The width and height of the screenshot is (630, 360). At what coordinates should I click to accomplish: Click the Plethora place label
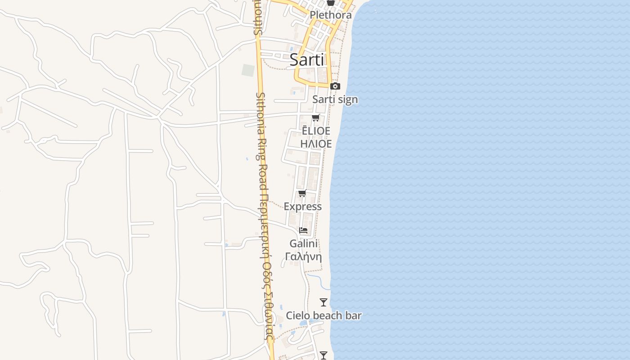(331, 15)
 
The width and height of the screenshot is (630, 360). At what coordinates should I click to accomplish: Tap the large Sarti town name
(306, 59)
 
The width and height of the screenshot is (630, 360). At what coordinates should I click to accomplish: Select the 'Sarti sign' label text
(335, 99)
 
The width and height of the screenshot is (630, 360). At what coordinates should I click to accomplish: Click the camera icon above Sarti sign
(335, 86)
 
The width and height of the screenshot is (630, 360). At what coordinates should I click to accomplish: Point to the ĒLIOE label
(316, 131)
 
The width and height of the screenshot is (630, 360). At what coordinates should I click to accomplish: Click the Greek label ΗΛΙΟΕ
(316, 144)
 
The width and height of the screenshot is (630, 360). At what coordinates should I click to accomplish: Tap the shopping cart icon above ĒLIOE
(316, 118)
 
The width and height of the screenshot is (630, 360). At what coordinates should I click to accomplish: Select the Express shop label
(302, 207)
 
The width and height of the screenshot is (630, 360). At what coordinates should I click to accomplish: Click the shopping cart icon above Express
(302, 193)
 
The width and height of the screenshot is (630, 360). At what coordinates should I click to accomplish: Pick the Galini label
(304, 243)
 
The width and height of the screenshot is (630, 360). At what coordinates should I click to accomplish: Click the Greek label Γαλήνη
(304, 257)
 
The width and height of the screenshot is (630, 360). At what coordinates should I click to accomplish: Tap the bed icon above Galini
(304, 230)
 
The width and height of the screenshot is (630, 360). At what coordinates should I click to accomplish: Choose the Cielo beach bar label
(324, 315)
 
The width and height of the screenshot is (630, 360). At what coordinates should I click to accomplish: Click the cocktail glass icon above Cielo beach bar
(324, 302)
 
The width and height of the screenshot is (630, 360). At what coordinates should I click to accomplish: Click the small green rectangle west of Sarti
(248, 70)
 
